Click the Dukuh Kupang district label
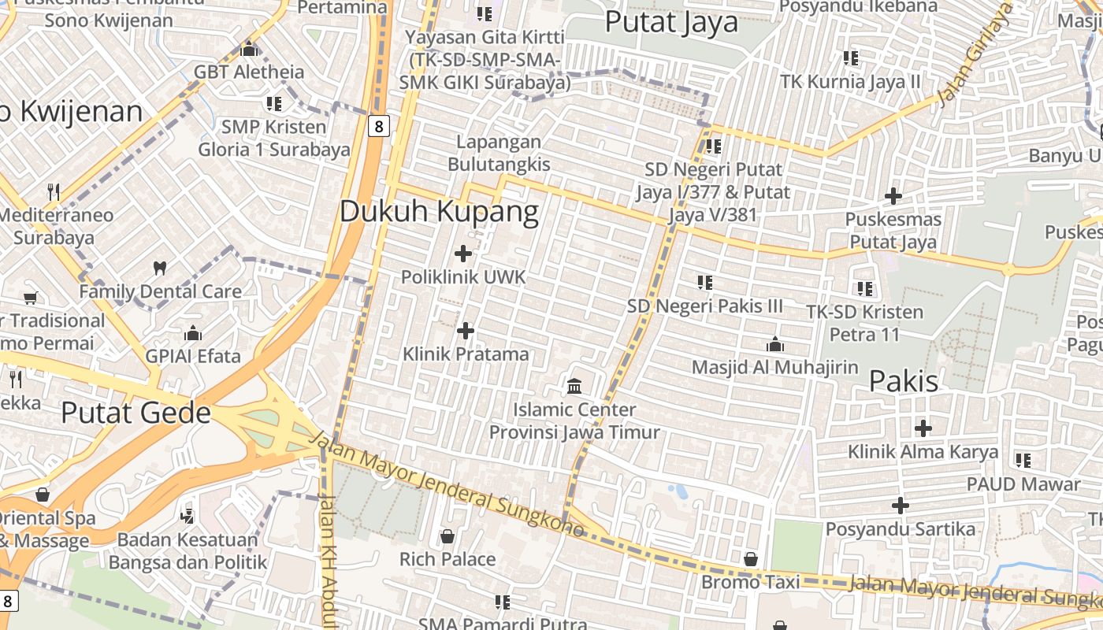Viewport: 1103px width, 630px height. click(440, 211)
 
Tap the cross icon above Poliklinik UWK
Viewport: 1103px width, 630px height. click(463, 254)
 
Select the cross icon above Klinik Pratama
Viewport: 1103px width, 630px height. click(466, 331)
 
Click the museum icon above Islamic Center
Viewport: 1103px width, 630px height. click(574, 387)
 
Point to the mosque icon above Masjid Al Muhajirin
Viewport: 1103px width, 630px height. click(774, 344)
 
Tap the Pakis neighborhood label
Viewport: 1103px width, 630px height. click(904, 381)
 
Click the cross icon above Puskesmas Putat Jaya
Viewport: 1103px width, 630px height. click(893, 195)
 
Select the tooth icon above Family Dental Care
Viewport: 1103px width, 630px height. click(160, 268)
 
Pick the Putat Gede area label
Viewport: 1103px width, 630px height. click(136, 413)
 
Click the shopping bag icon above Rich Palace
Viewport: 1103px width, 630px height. click(448, 536)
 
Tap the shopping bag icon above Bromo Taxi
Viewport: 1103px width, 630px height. click(751, 559)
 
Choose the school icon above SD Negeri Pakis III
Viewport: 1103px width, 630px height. click(705, 282)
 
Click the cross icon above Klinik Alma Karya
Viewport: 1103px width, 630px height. click(923, 428)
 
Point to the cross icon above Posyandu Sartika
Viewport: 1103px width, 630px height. click(901, 506)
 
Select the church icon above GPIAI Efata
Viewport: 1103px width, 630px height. click(193, 333)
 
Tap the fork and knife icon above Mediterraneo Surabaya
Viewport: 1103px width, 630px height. click(54, 191)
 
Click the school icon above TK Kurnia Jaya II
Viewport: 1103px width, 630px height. click(850, 57)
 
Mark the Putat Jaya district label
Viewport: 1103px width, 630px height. click(671, 21)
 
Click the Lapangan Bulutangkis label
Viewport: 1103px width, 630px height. click(499, 153)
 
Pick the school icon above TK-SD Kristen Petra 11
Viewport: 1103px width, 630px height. click(864, 289)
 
